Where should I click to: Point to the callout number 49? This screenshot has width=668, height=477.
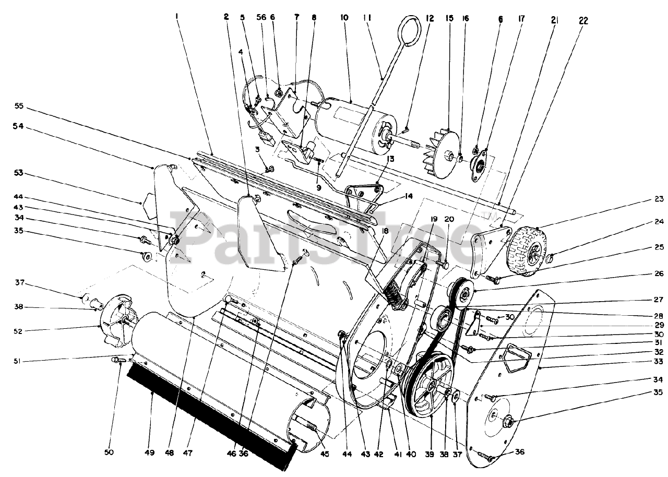pyautogui.click(x=150, y=452)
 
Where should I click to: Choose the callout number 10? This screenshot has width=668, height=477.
pyautogui.click(x=344, y=17)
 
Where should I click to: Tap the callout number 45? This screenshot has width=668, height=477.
pyautogui.click(x=325, y=454)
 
